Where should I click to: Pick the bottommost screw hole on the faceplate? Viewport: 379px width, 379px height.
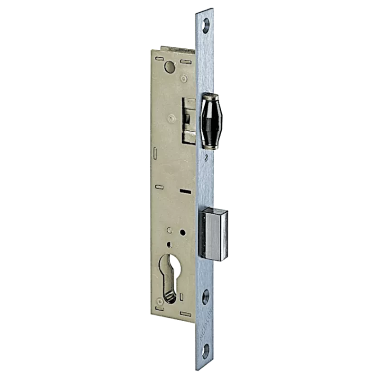click(x=206, y=353)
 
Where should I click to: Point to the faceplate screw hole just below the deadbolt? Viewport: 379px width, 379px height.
click(x=206, y=298)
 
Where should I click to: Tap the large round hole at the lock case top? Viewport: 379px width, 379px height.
click(x=169, y=67)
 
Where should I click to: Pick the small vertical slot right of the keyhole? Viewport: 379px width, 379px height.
click(x=181, y=297)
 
